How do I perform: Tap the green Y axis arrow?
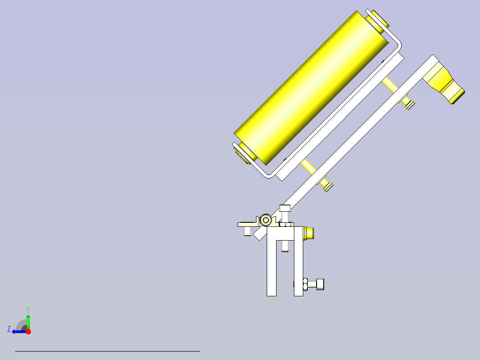pyautogui.click(x=28, y=320)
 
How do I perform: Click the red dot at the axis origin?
pyautogui.click(x=28, y=331)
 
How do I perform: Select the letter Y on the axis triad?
pyautogui.click(x=28, y=309)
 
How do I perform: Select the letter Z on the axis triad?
pyautogui.click(x=9, y=329)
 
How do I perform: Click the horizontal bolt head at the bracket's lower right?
pyautogui.click(x=319, y=284)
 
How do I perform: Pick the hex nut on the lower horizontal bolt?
pyautogui.click(x=305, y=284)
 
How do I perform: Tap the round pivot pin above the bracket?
pyautogui.click(x=266, y=220)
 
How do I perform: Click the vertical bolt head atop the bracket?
pyautogui.click(x=285, y=208)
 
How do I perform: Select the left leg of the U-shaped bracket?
pyautogui.click(x=271, y=267)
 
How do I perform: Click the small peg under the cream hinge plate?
pyautogui.click(x=247, y=231)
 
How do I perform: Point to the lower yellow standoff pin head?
pyautogui.click(x=327, y=186)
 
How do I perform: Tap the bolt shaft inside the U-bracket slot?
pyautogui.click(x=285, y=245)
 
